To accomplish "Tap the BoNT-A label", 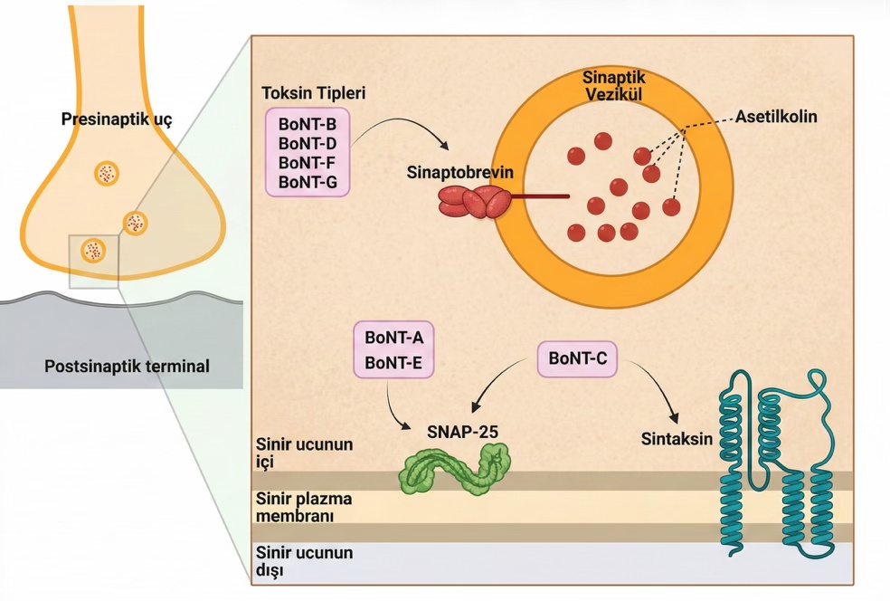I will click(x=394, y=338).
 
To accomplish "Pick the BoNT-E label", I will click(x=394, y=363).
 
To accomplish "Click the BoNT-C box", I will click(x=577, y=359).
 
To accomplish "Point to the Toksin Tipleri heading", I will click(x=313, y=94).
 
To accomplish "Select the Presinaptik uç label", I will click(x=117, y=119).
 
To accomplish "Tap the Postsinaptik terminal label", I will click(x=127, y=367).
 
